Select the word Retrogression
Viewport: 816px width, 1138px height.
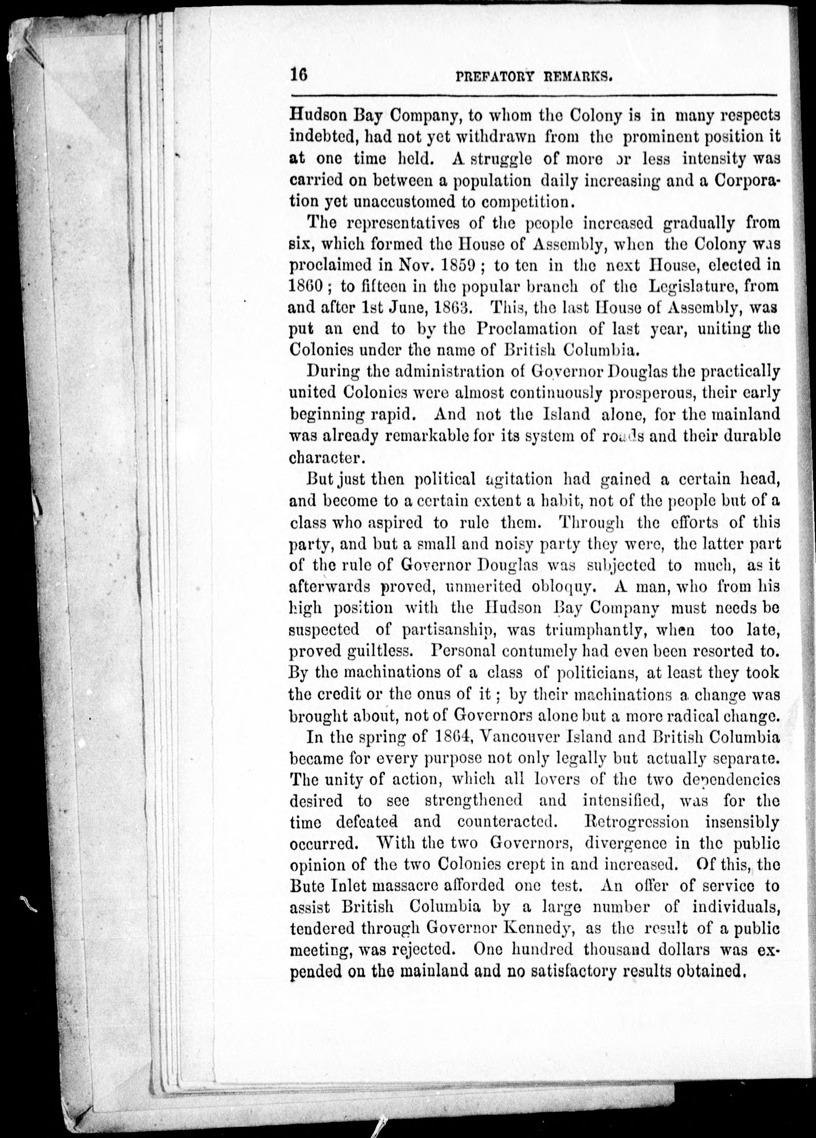[x=637, y=822]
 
